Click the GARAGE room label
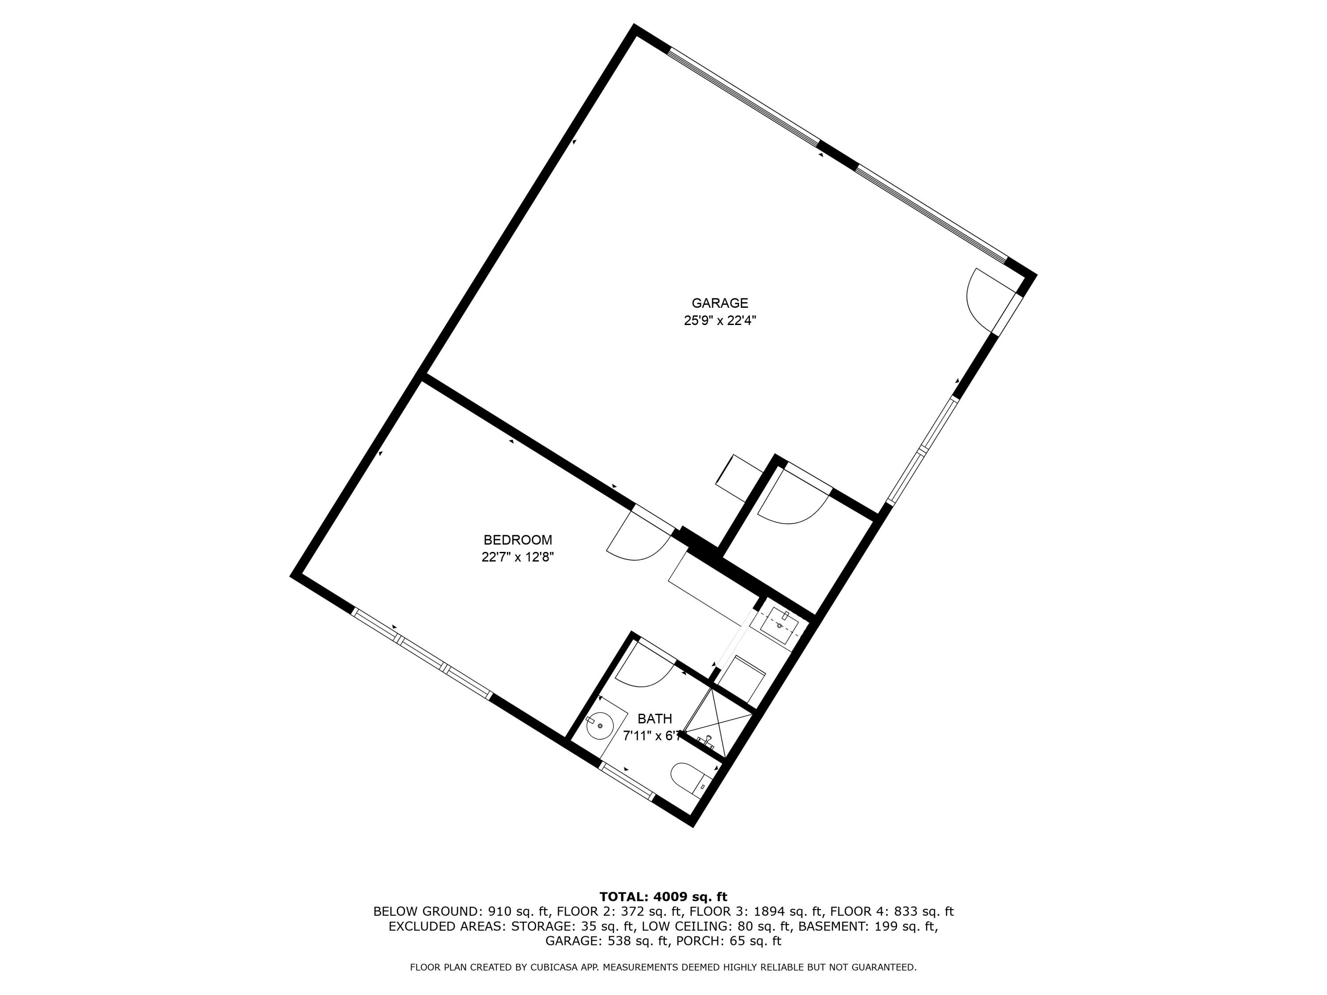click(x=719, y=303)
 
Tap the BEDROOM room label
click(x=518, y=540)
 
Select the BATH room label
click(x=655, y=719)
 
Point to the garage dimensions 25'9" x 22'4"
click(x=719, y=321)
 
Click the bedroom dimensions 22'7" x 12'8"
click(x=518, y=557)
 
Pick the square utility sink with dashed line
click(x=779, y=626)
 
